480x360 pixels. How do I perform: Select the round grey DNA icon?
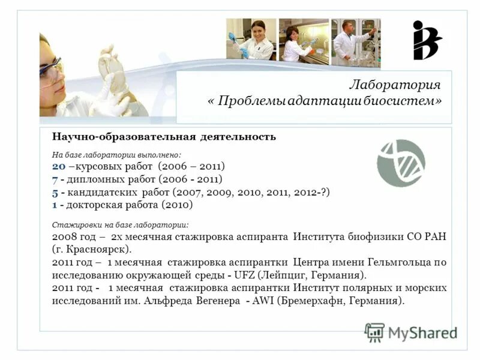[x=401, y=163]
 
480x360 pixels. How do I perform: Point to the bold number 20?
[x=58, y=166]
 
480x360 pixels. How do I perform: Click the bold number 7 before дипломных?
[x=55, y=179]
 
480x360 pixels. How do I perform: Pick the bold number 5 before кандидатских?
[x=55, y=192]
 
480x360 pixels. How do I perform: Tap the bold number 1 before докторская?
[x=55, y=205]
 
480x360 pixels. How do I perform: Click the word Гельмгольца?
[x=397, y=262]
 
